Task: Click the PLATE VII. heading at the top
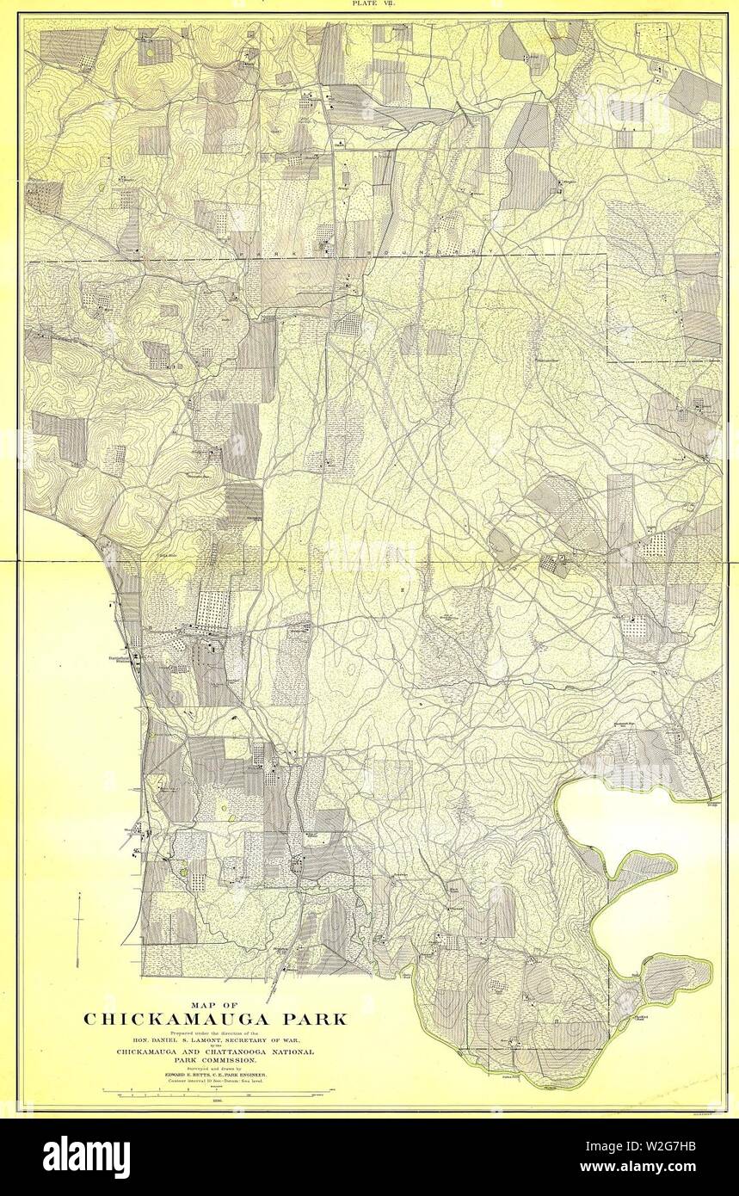[369, 4]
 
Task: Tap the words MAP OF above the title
[214, 1003]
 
